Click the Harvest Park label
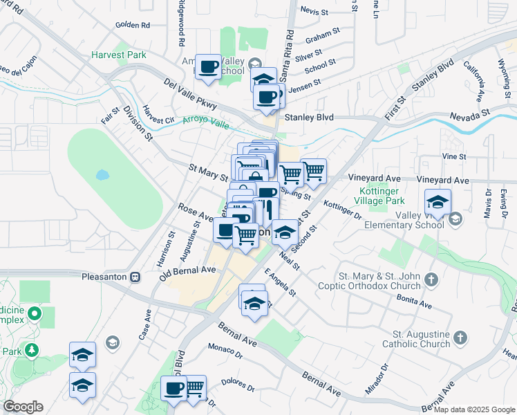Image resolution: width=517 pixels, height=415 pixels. [x=118, y=54]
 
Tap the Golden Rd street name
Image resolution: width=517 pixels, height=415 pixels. [x=133, y=25]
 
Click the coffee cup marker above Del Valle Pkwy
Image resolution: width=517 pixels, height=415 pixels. [x=208, y=68]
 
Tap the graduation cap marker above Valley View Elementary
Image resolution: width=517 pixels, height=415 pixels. [x=438, y=203]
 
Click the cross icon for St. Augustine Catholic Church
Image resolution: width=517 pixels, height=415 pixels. [x=459, y=338]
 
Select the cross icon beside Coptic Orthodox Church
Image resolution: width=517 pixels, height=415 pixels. [x=431, y=280]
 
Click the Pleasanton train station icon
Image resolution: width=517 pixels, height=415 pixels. [x=135, y=276]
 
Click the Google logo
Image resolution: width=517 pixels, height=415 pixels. [x=23, y=407]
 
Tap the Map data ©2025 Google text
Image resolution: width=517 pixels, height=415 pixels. [x=474, y=409]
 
